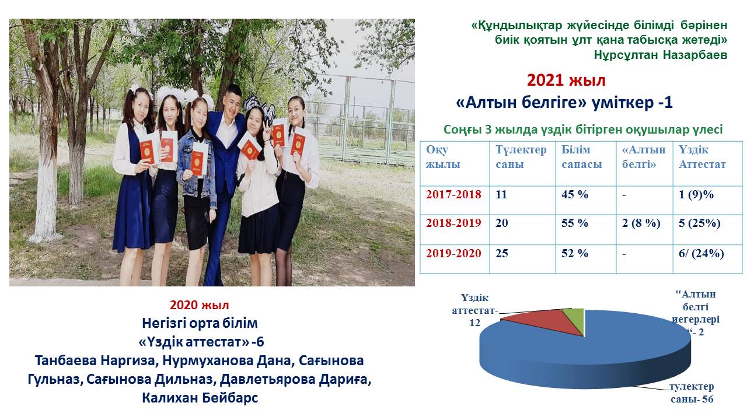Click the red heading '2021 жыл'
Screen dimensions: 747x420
[x=566, y=80]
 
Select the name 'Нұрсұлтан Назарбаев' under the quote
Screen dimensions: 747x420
[x=660, y=55]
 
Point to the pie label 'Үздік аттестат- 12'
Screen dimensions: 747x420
[x=475, y=310]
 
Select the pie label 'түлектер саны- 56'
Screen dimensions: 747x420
[x=692, y=393]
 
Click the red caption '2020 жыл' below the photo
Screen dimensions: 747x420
[x=200, y=305]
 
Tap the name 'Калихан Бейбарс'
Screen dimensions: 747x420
[x=200, y=398]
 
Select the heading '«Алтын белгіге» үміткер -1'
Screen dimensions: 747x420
[x=564, y=103]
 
